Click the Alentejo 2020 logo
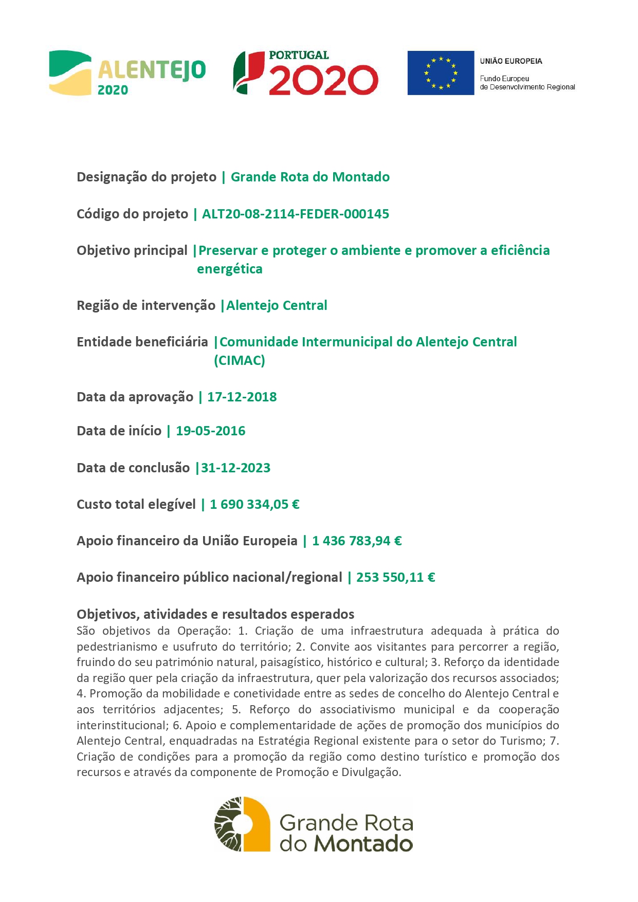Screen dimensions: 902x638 click(x=127, y=73)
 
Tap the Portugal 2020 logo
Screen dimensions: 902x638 click(x=306, y=73)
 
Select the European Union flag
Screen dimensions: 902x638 click(x=441, y=73)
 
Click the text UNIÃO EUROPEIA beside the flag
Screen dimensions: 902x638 click(x=511, y=61)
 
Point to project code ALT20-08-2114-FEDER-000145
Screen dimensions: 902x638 click(x=296, y=214)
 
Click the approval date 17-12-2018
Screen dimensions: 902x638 click(x=242, y=397)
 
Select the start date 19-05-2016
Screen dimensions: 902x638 click(x=210, y=431)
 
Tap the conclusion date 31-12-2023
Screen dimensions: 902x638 click(x=235, y=468)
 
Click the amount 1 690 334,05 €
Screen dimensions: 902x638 click(x=254, y=504)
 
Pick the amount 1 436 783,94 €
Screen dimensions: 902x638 click(x=357, y=541)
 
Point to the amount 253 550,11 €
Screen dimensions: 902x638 click(x=395, y=577)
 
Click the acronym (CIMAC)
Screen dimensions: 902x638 click(x=240, y=360)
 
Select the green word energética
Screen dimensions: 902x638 click(x=229, y=269)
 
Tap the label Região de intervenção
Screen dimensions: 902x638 click(x=146, y=305)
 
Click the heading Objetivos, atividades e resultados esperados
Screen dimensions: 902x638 click(x=215, y=614)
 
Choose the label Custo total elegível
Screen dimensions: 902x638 click(x=136, y=504)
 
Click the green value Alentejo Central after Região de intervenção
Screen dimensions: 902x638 click(x=277, y=305)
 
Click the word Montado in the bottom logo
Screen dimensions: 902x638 click(x=363, y=844)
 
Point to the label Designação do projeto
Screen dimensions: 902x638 click(x=147, y=177)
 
